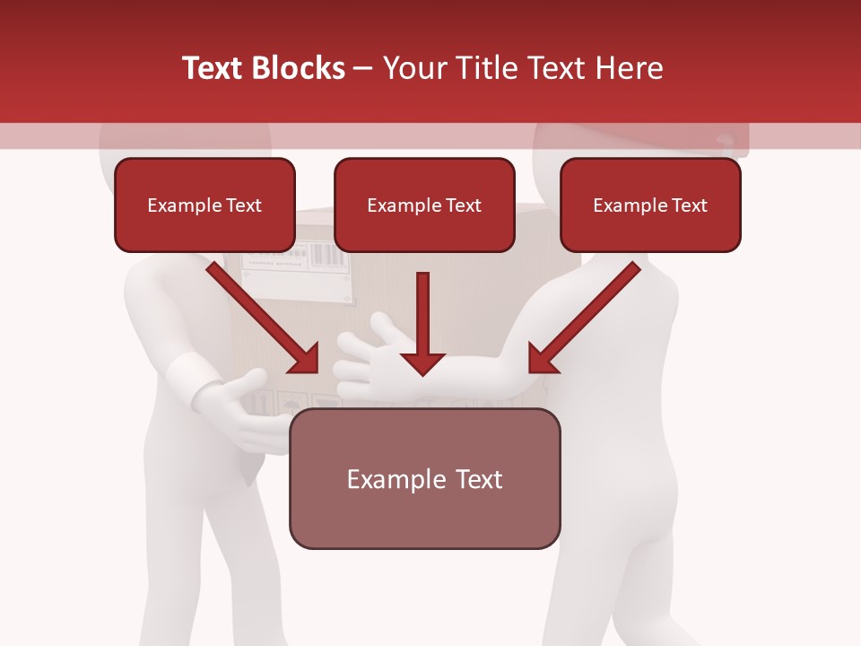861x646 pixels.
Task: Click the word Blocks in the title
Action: pos(299,68)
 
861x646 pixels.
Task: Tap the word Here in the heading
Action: pos(628,68)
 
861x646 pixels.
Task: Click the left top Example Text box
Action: pos(204,205)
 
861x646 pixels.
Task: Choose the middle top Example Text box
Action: pos(424,205)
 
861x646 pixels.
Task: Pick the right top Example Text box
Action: pos(650,205)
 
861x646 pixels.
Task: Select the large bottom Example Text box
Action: pos(425,479)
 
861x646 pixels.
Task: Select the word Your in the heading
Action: pos(414,68)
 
